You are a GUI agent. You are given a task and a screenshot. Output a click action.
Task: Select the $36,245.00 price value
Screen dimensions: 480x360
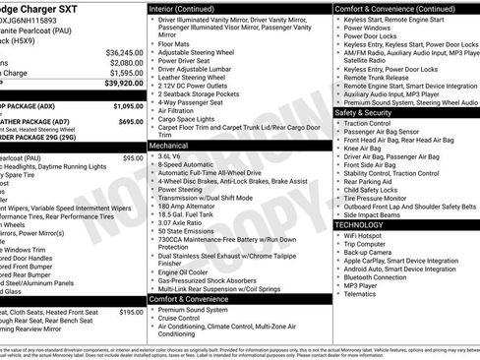pos(124,52)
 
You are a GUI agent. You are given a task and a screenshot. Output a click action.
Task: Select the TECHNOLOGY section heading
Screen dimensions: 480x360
pos(366,224)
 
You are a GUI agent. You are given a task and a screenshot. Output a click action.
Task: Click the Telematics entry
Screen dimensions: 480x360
pos(361,293)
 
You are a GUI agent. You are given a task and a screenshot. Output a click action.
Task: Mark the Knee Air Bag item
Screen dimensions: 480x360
pos(365,148)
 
